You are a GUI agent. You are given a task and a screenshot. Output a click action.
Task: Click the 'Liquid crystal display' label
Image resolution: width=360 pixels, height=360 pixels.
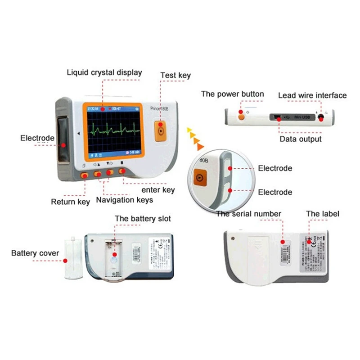click(x=104, y=72)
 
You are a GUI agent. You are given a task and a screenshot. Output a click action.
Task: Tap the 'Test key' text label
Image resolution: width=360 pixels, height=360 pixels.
click(x=175, y=76)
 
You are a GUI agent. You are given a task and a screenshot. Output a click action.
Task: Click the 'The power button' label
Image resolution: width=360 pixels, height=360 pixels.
click(x=232, y=94)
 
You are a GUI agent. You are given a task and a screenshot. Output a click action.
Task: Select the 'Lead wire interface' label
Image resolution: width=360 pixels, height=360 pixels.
click(x=312, y=95)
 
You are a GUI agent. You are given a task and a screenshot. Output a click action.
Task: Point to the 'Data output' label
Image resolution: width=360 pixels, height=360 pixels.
click(x=301, y=139)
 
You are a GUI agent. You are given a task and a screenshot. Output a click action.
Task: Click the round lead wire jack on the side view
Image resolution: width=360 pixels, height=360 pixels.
click(x=321, y=118)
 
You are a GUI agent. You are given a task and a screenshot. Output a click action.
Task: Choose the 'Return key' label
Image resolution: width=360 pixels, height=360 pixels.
click(x=70, y=202)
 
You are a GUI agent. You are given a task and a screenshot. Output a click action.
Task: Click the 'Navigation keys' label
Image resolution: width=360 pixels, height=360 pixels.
click(x=125, y=200)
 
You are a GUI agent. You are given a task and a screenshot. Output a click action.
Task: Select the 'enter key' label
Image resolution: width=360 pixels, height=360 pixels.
click(x=155, y=190)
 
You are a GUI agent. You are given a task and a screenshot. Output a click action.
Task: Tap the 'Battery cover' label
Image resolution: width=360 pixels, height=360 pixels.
click(x=35, y=253)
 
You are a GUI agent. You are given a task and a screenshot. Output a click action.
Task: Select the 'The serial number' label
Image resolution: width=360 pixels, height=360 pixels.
click(x=248, y=214)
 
